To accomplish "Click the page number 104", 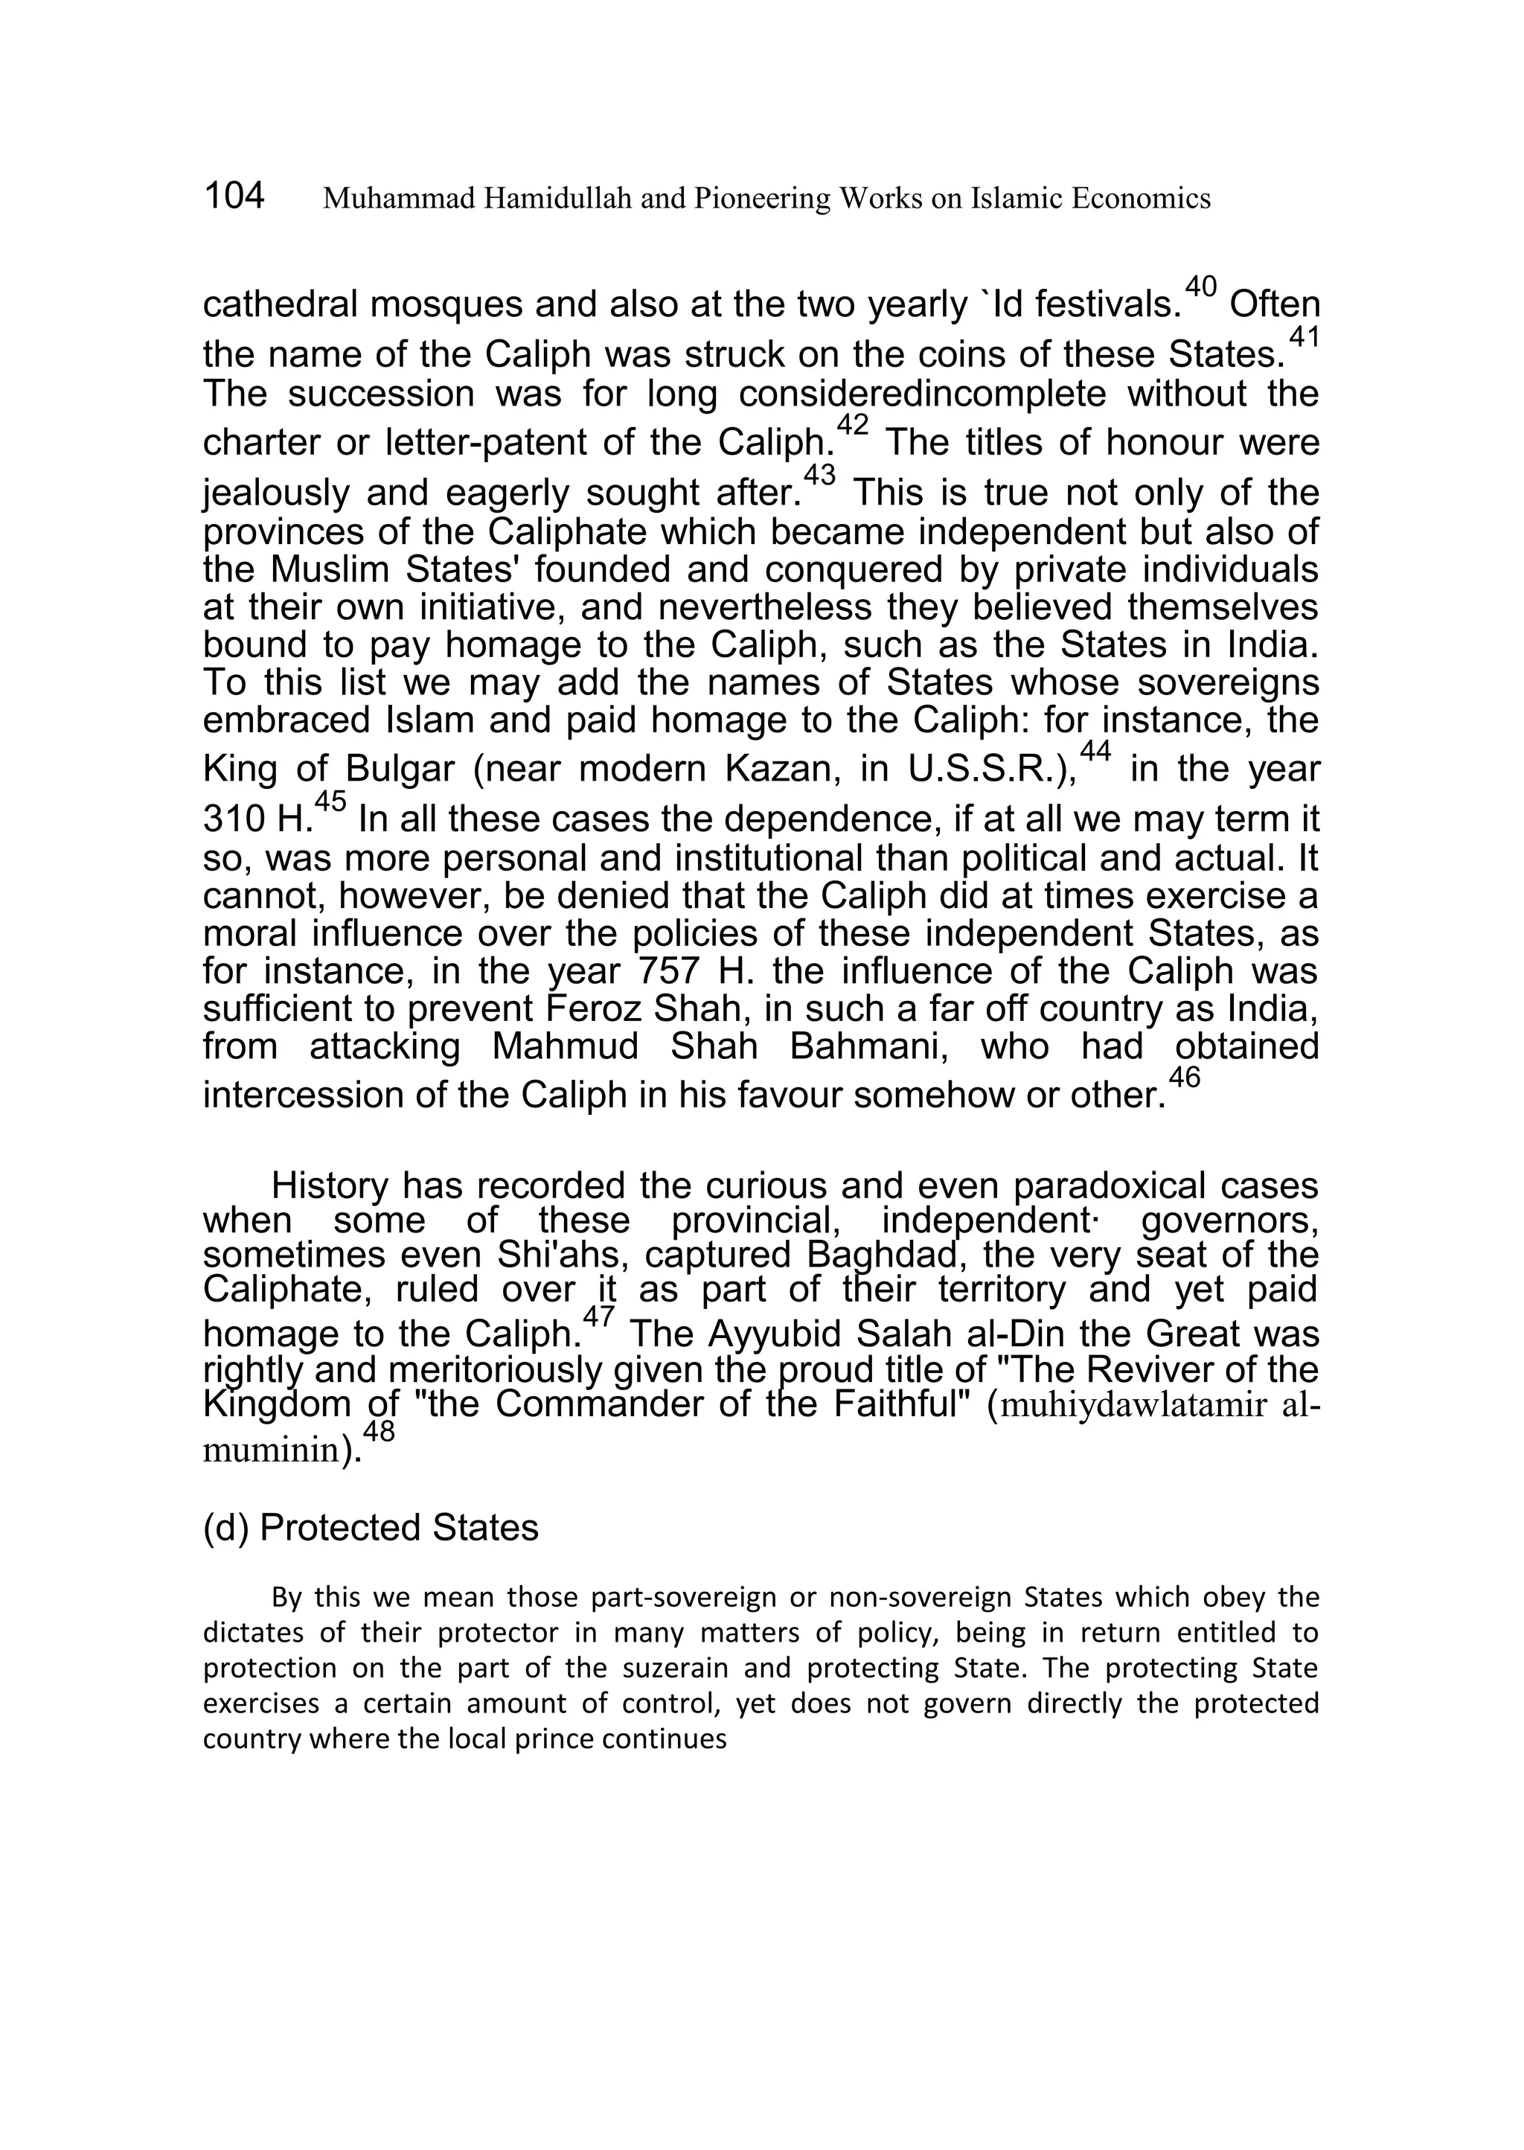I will click(x=234, y=196).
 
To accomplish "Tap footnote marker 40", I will click(x=1200, y=285).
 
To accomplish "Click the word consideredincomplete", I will click(x=923, y=394).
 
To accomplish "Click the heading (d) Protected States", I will click(x=371, y=1528).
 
